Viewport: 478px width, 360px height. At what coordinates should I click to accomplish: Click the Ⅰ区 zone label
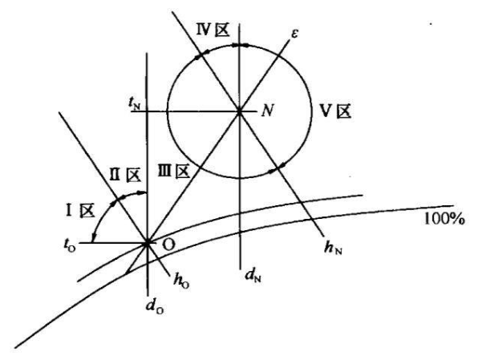tap(80, 211)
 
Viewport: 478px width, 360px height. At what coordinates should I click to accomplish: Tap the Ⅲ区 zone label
tap(174, 172)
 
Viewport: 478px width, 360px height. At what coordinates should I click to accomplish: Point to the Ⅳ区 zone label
tap(213, 30)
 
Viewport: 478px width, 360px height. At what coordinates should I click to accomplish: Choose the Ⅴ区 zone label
tap(336, 111)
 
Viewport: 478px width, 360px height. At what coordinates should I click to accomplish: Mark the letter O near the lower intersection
tap(168, 245)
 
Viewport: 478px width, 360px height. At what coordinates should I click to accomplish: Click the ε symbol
tap(294, 34)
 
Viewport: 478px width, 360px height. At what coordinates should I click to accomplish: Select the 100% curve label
tap(444, 219)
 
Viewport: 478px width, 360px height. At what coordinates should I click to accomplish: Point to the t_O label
tap(70, 245)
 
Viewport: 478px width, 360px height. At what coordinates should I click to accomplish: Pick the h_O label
tap(181, 281)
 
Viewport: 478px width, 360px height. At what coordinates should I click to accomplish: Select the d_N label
tap(253, 276)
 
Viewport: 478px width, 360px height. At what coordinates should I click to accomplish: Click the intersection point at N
tap(239, 112)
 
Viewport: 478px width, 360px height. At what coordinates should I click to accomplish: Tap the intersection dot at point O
tap(148, 243)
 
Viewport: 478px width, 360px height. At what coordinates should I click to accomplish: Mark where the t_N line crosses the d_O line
tap(148, 111)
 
